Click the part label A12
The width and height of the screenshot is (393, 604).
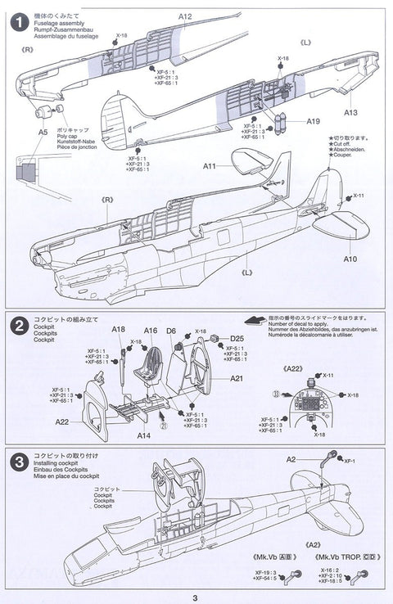click(185, 16)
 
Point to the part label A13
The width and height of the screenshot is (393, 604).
click(350, 113)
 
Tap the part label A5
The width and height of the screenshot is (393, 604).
click(43, 130)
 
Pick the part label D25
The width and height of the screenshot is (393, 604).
click(237, 338)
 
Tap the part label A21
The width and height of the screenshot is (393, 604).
click(237, 378)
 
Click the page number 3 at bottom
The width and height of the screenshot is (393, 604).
click(196, 597)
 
